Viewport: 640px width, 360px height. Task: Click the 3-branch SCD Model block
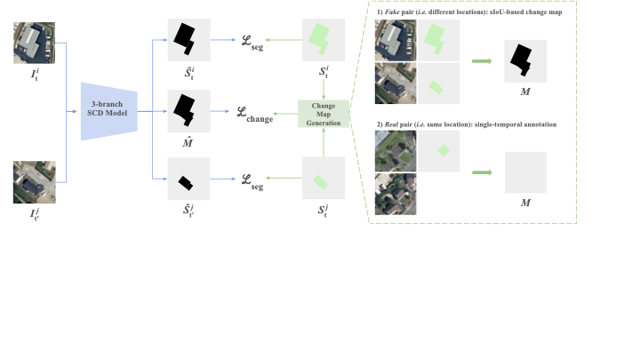pos(111,111)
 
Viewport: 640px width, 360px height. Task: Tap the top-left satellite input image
pos(35,43)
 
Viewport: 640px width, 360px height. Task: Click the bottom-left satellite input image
pos(35,182)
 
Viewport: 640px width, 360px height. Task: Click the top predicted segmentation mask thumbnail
pos(188,40)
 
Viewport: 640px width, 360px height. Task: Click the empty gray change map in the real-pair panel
pos(525,172)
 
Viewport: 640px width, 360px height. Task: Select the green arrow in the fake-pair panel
pos(481,61)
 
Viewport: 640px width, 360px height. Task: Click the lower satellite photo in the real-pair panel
pos(396,195)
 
